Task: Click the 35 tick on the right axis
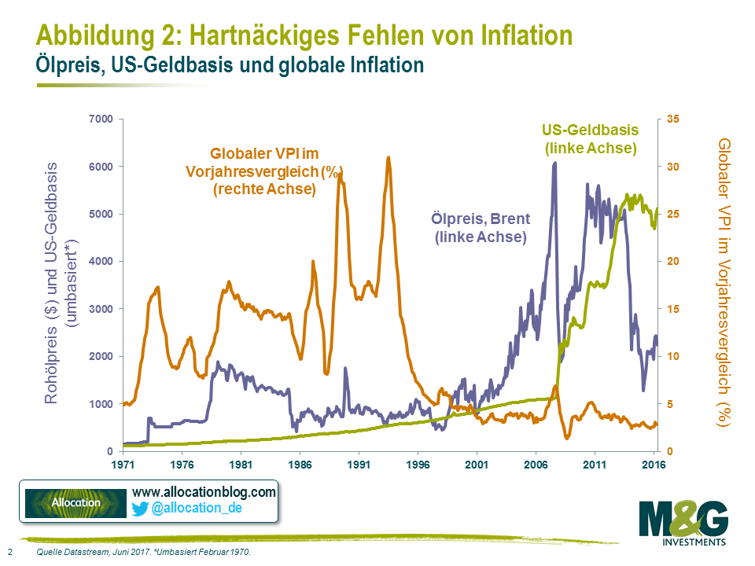pyautogui.click(x=673, y=119)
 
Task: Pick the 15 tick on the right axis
pyautogui.click(x=673, y=309)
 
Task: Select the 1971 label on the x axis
pyautogui.click(x=123, y=465)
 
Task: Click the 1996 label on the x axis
pyautogui.click(x=418, y=465)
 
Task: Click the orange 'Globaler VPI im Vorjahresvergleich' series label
pyautogui.click(x=266, y=171)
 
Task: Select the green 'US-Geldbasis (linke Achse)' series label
pyautogui.click(x=590, y=138)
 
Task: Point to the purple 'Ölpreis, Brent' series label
pyautogui.click(x=480, y=226)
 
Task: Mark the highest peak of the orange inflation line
pyautogui.click(x=389, y=159)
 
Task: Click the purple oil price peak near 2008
pyautogui.click(x=554, y=164)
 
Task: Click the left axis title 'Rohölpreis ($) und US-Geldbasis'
pyautogui.click(x=52, y=283)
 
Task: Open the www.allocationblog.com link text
pyautogui.click(x=204, y=492)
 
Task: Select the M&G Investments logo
pyautogui.click(x=683, y=523)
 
